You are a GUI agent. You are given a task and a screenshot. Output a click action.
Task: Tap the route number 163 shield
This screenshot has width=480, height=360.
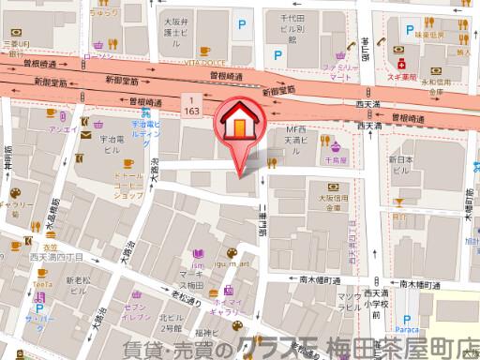(x=191, y=104)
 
